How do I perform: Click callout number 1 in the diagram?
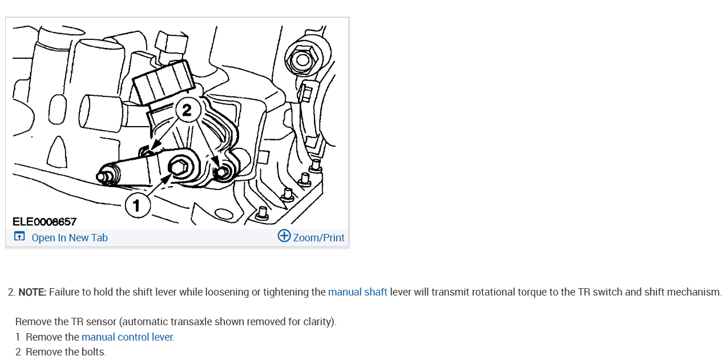pos(136,205)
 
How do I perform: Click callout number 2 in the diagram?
pos(187,110)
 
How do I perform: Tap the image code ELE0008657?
pos(45,221)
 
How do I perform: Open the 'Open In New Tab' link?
pos(69,238)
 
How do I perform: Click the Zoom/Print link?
pos(318,238)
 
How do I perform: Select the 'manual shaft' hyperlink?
pos(357,292)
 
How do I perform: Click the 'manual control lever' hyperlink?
pos(127,337)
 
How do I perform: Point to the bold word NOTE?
pos(32,292)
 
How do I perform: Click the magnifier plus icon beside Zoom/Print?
pos(284,236)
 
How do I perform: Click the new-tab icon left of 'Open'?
pos(19,237)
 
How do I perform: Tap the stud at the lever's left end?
pos(102,177)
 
